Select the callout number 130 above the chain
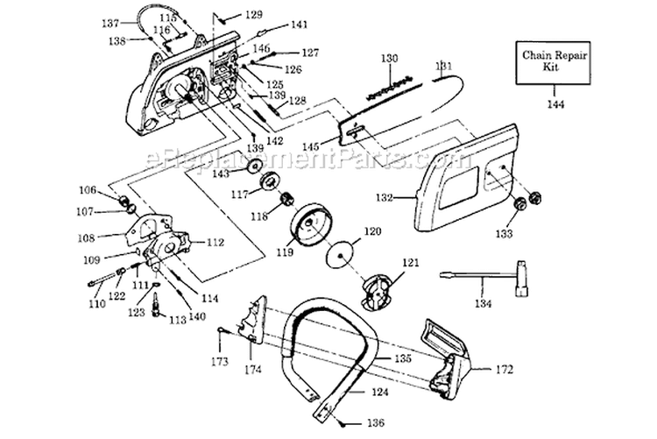coord(389,59)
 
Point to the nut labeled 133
coord(519,203)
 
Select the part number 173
coord(219,361)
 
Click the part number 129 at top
coord(252,15)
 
